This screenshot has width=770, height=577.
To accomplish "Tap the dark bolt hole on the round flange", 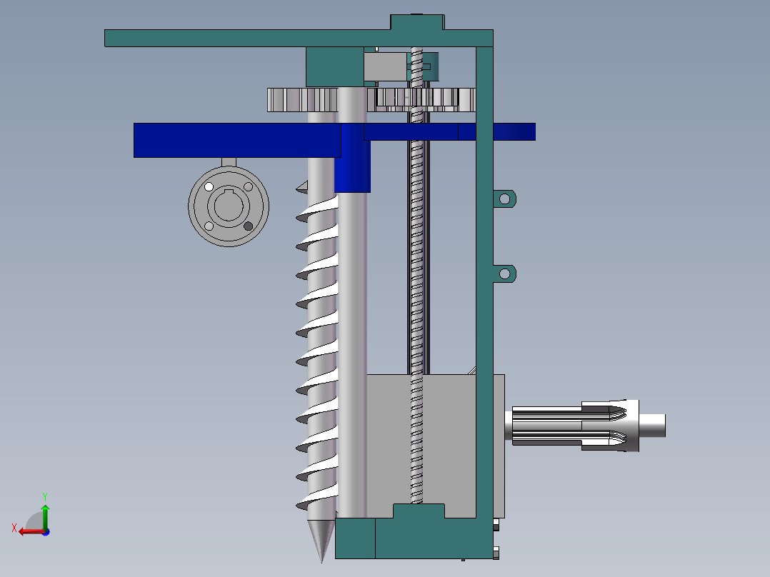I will tap(249, 226).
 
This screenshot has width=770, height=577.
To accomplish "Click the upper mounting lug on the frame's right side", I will tap(505, 198).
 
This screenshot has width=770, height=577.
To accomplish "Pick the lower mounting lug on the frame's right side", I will tap(505, 273).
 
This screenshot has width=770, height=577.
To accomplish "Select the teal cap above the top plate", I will tap(417, 21).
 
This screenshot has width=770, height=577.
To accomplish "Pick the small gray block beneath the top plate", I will tap(384, 69).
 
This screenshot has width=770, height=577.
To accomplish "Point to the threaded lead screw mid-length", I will tap(417, 286).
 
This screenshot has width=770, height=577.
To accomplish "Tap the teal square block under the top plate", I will tap(334, 66).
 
